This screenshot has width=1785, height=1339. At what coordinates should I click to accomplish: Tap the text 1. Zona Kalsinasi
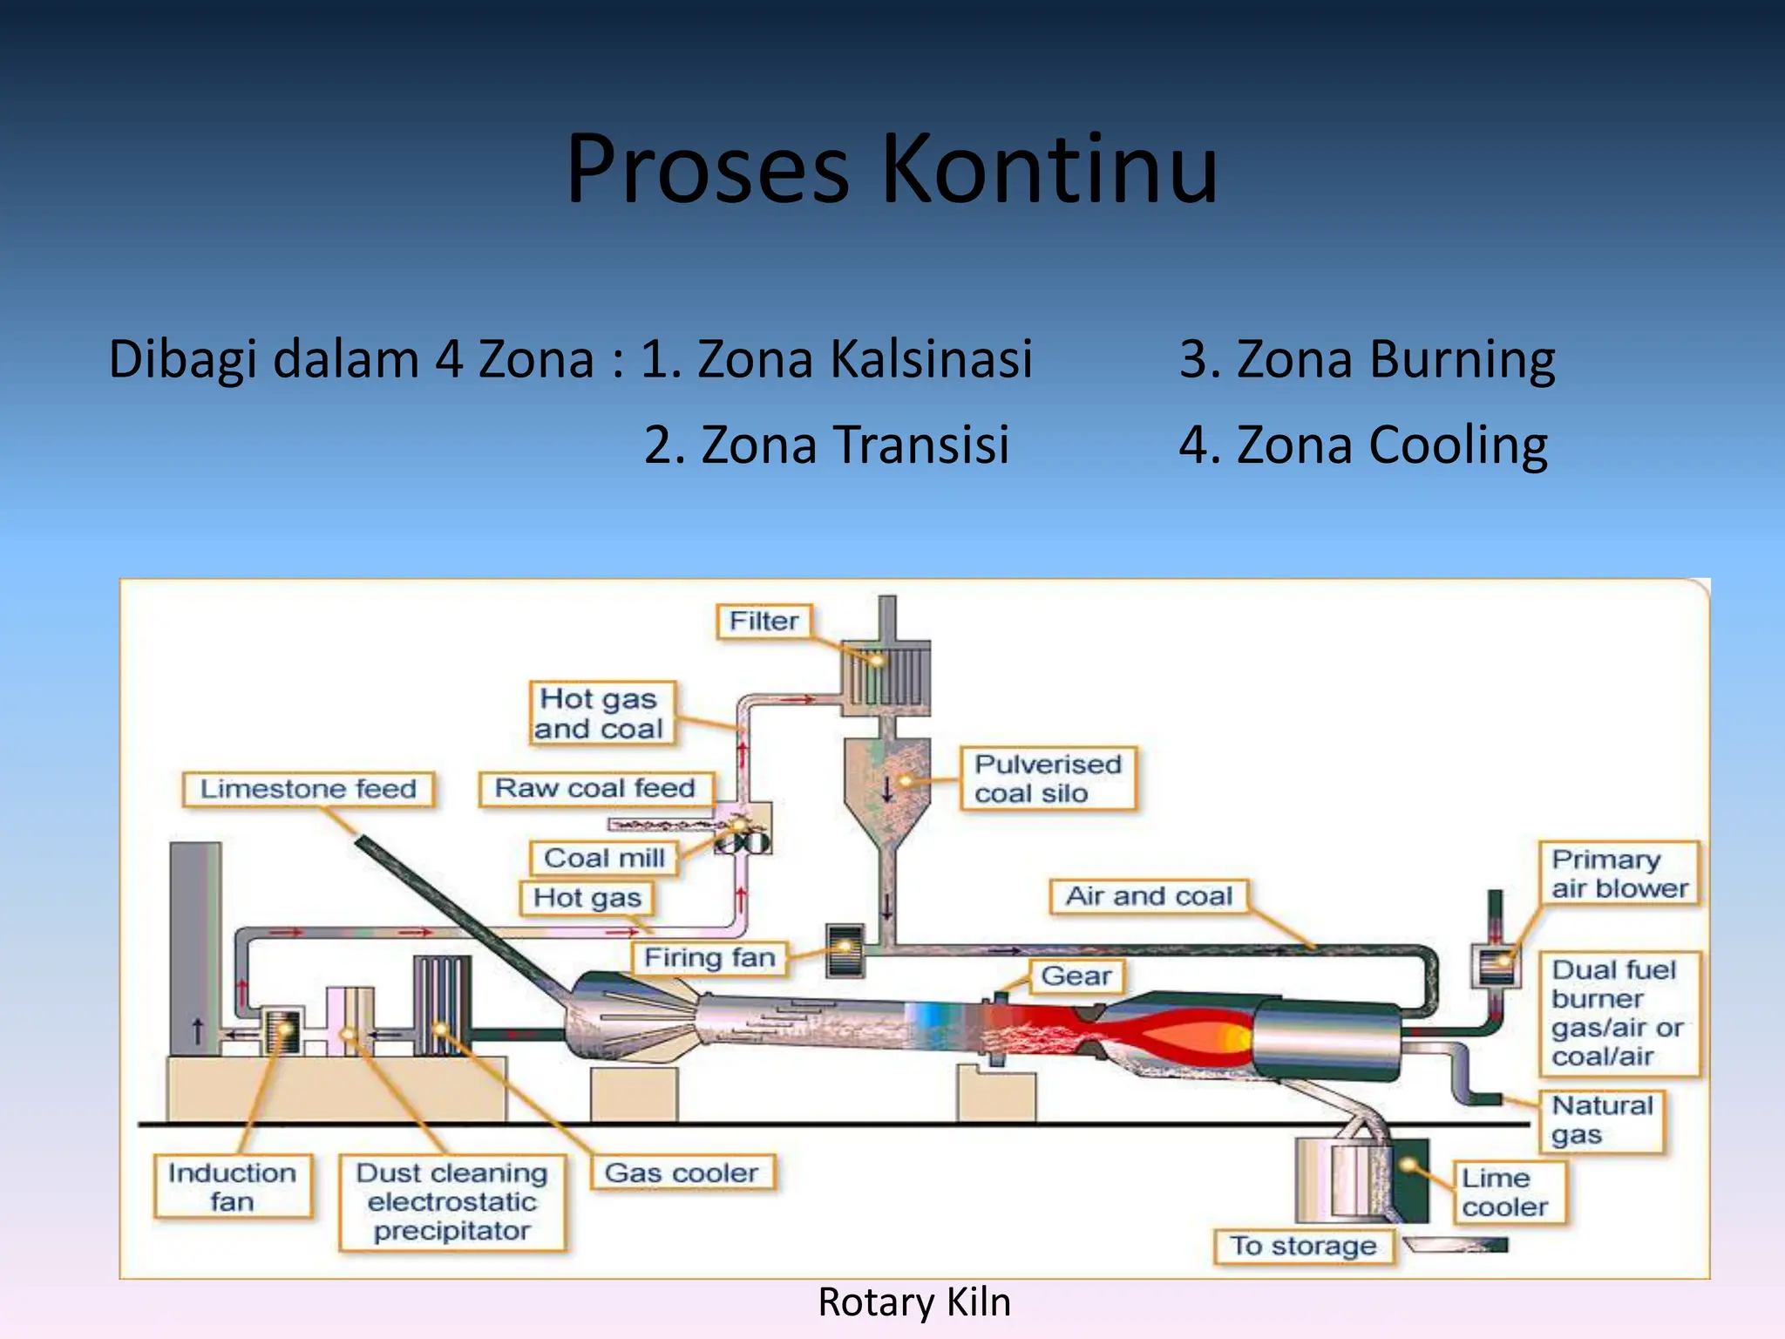click(836, 359)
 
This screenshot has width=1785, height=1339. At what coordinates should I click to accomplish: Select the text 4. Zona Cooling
click(1363, 445)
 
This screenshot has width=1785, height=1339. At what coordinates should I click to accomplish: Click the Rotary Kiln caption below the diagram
click(913, 1302)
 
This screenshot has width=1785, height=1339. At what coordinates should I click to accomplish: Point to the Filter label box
click(764, 622)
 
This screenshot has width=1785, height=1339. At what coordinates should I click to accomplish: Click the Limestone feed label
click(309, 789)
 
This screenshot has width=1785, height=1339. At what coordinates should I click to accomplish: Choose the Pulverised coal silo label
click(1048, 778)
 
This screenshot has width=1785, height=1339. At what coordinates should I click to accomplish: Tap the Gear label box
click(1076, 975)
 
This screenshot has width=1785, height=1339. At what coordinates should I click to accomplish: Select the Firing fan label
click(709, 958)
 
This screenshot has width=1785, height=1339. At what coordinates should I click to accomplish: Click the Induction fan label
click(232, 1186)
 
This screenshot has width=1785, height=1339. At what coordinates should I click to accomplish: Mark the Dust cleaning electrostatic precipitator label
click(451, 1201)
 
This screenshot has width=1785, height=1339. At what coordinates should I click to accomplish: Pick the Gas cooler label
click(682, 1173)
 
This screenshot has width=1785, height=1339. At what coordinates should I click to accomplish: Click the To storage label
click(1303, 1246)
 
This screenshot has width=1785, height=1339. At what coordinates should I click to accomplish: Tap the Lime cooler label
click(1506, 1193)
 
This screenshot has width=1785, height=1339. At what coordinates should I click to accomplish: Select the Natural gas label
click(1601, 1120)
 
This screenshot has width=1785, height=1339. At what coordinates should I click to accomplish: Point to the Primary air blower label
click(1619, 873)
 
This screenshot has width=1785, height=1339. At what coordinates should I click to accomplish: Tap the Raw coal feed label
click(595, 788)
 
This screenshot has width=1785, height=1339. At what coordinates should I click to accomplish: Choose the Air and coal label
click(1148, 896)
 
